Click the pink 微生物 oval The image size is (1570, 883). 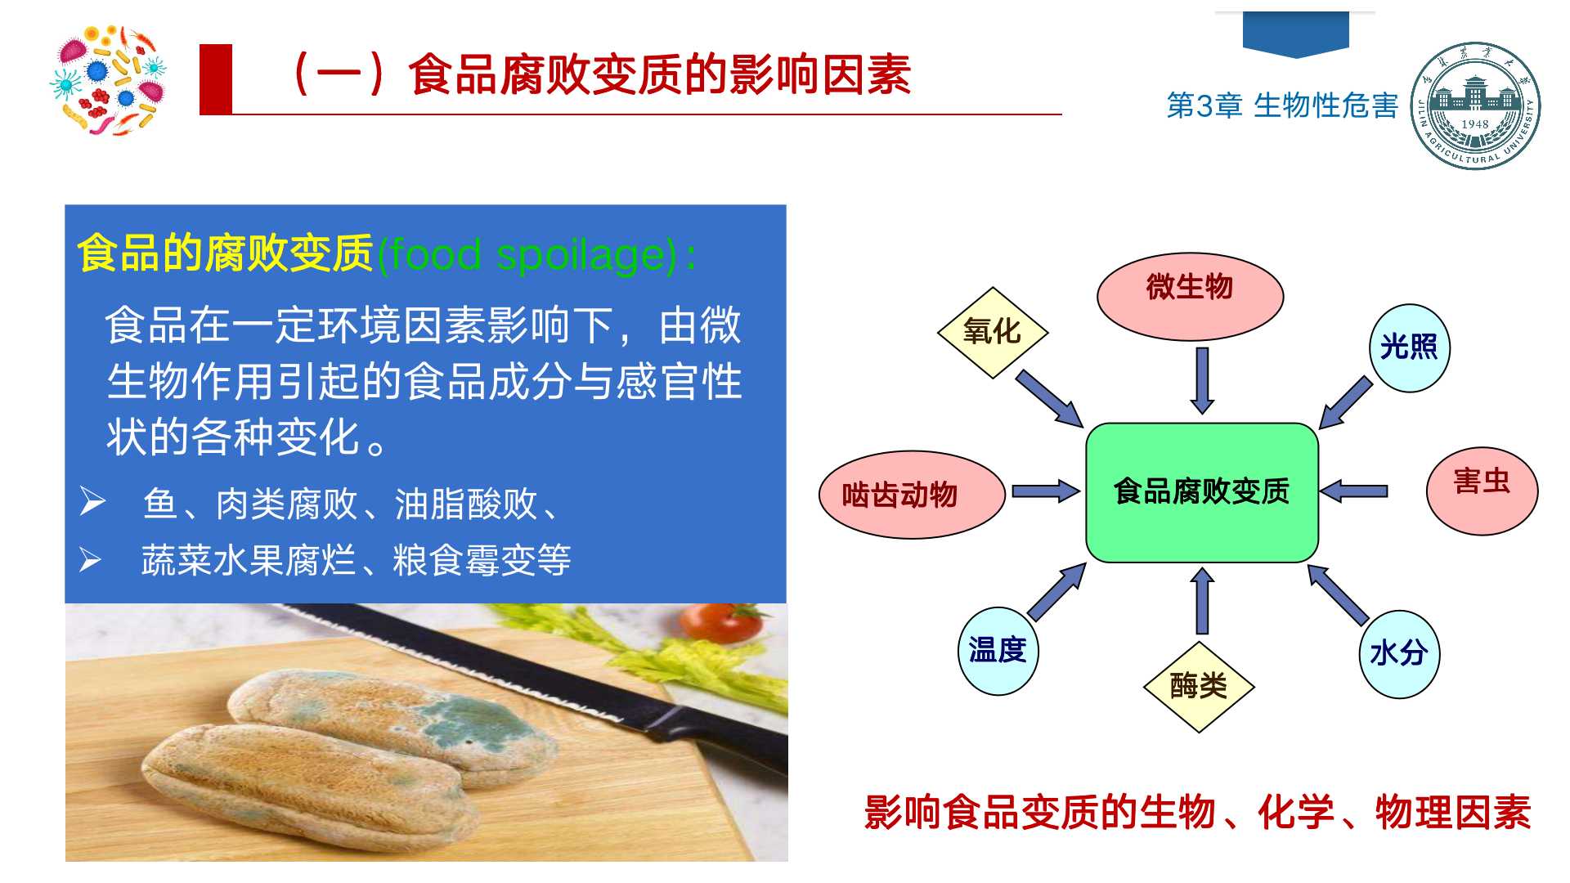[1190, 296]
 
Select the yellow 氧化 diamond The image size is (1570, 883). [992, 332]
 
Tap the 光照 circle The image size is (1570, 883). [1409, 347]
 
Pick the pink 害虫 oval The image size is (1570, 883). [1482, 491]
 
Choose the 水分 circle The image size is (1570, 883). [1399, 653]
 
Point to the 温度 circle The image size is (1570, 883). [998, 651]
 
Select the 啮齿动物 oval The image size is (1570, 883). [912, 495]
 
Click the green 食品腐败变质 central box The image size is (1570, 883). [1202, 492]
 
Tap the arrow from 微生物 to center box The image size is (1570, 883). [1202, 380]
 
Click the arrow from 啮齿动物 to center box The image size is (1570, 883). [1046, 491]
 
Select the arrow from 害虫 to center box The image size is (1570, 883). [1353, 491]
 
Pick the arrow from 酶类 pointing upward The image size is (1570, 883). [1202, 600]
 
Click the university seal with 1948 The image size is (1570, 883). [1475, 106]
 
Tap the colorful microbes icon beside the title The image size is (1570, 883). [107, 79]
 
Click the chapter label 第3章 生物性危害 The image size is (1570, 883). [1282, 105]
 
